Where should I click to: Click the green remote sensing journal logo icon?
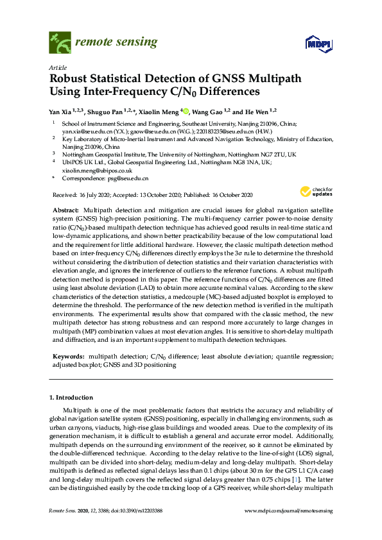click(60, 43)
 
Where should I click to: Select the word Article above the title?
click(56, 67)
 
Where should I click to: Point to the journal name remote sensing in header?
click(116, 42)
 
